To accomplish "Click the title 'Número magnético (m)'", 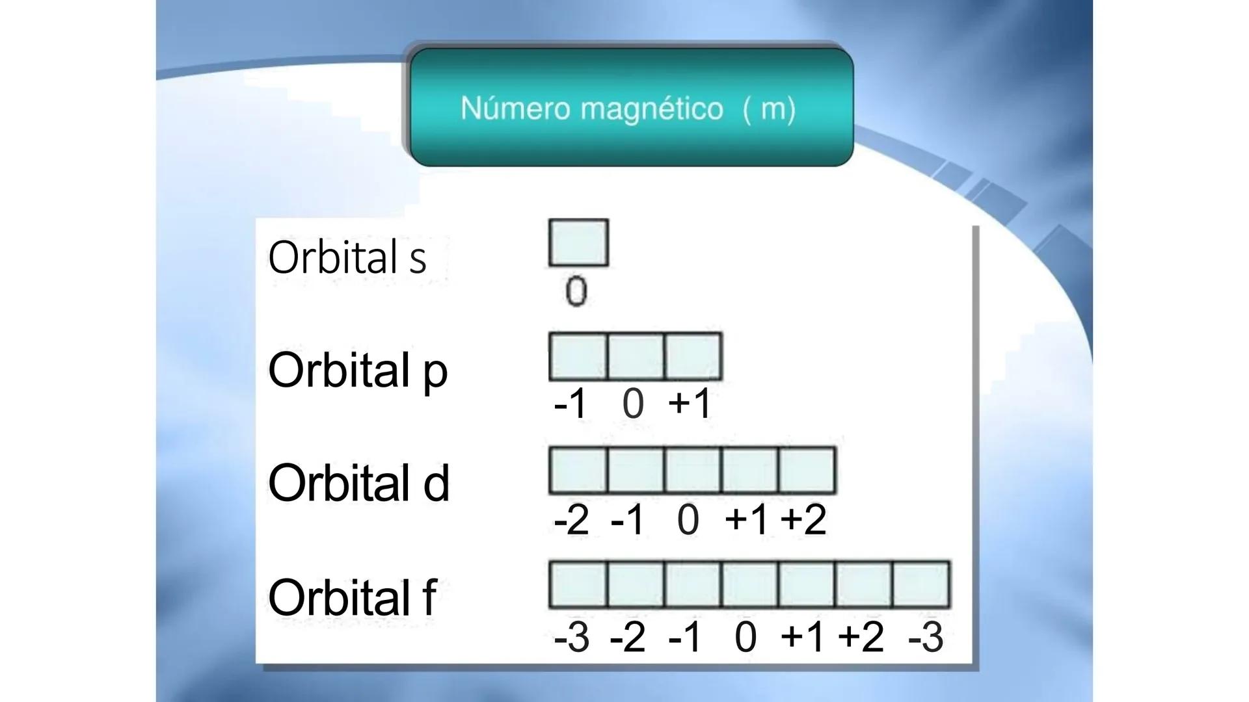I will pos(628,108).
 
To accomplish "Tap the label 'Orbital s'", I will pos(347,257).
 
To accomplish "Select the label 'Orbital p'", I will pos(358,370).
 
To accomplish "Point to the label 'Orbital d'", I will pos(358,484).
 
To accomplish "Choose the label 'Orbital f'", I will pos(352,597).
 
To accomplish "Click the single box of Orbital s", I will pos(578,243).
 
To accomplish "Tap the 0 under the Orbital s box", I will pos(576,291).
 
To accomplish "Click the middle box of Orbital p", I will pos(636,357).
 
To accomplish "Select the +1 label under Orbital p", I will pos(690,403).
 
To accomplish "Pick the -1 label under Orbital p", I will pos(571,404).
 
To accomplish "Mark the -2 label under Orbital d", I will pos(571,520).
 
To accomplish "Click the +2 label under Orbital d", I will pos(803,520).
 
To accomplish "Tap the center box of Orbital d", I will pos(693,470).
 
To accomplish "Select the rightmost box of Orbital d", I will pos(807,470).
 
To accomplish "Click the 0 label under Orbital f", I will pos(745,636).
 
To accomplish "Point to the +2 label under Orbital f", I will pos(861,636).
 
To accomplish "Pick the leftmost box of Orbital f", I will pos(578,585).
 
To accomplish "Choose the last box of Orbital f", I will pos(921,585).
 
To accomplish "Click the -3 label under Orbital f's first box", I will pos(571,637).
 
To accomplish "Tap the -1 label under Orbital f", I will pos(685,637).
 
